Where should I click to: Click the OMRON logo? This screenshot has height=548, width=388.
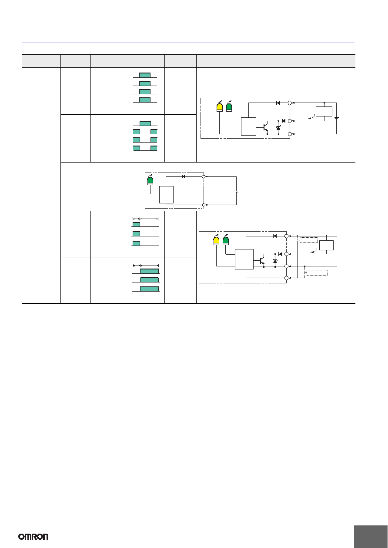[x=33, y=537]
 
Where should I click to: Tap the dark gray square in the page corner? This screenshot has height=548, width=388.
[x=371, y=537]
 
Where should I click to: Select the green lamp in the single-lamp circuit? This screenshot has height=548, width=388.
[x=150, y=180]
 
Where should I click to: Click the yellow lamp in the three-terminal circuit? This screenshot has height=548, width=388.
[x=220, y=107]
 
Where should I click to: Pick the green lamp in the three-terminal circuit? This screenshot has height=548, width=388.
[x=229, y=107]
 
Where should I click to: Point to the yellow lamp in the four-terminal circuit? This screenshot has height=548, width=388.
[x=216, y=240]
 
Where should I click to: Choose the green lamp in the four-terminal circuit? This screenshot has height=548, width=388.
[x=226, y=240]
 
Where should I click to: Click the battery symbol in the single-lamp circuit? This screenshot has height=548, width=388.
[x=237, y=192]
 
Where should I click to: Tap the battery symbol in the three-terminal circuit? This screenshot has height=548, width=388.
[x=337, y=118]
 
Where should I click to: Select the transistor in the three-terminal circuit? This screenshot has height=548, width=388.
[x=265, y=128]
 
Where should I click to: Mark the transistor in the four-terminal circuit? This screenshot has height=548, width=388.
[x=262, y=261]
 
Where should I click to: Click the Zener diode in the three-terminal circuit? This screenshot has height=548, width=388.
[x=278, y=128]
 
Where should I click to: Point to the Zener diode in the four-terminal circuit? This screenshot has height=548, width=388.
[x=275, y=261]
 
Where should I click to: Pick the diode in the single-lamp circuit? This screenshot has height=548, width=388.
[x=184, y=176]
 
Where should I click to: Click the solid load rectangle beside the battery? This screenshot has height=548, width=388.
[x=324, y=112]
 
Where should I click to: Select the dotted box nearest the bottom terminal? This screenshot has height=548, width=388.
[x=317, y=272]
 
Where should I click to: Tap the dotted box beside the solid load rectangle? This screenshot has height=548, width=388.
[x=309, y=240]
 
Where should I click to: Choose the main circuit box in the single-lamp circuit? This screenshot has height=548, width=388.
[x=167, y=195]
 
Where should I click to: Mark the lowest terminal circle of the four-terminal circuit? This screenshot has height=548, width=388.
[x=286, y=278]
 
